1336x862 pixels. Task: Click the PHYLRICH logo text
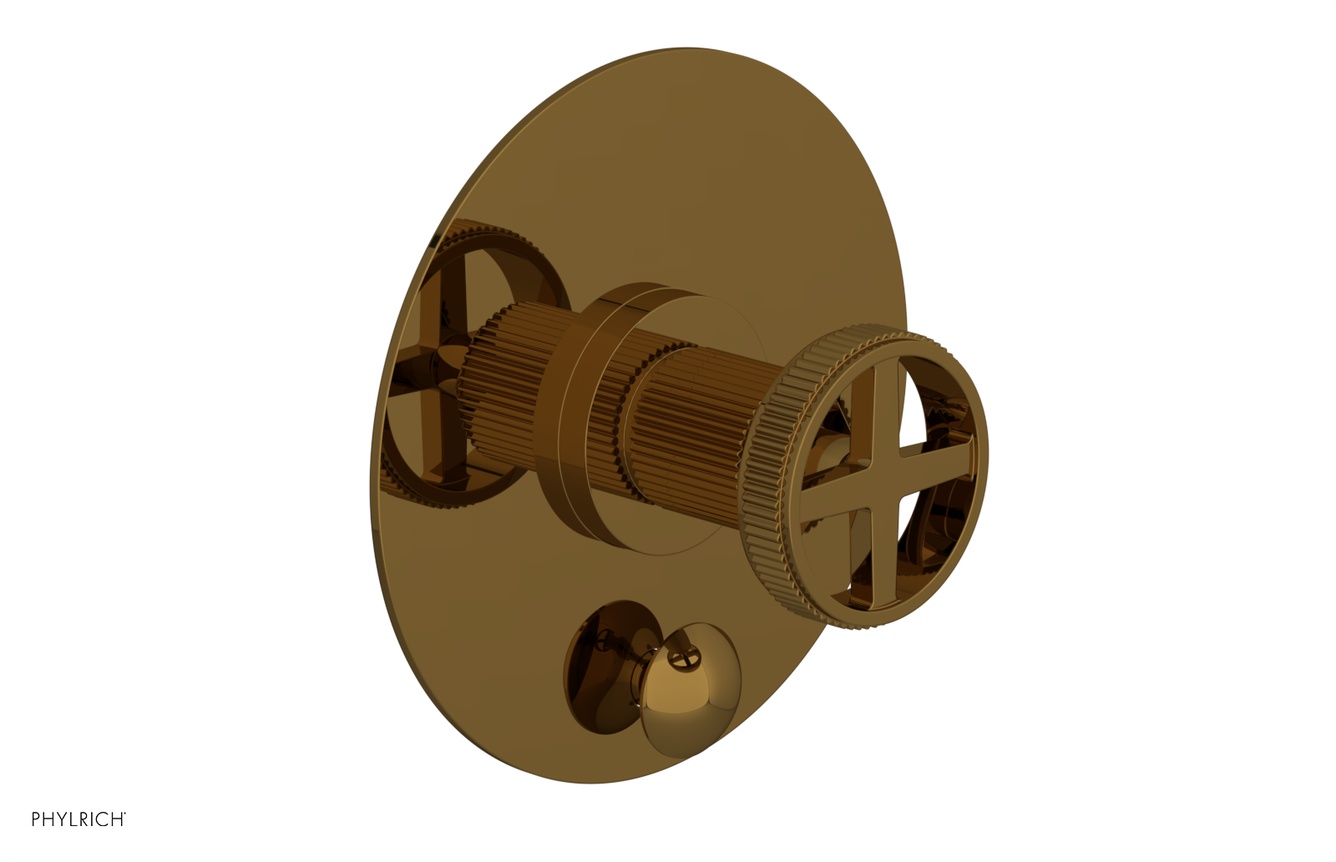pos(78,819)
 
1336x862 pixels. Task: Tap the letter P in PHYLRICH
pos(37,819)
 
